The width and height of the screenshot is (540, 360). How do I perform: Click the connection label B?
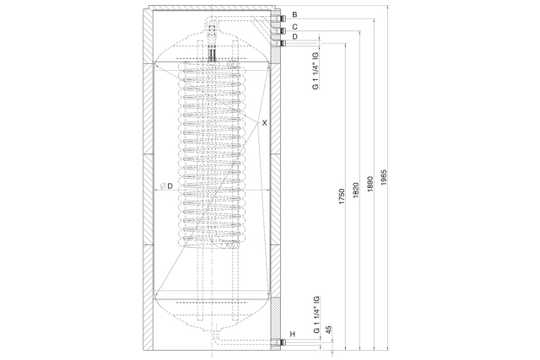(294, 14)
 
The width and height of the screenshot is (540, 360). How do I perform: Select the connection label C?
(294, 26)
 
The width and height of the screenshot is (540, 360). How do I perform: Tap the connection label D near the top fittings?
(294, 36)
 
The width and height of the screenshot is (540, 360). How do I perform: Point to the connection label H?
(293, 334)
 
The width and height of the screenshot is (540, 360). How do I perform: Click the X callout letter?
(264, 122)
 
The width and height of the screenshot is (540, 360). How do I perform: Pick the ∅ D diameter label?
(166, 186)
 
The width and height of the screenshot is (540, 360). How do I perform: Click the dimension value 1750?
(342, 196)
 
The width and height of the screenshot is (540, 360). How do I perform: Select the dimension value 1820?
(356, 190)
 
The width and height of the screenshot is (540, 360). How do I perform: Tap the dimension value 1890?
(370, 184)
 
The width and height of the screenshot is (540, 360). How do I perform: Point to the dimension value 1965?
(385, 177)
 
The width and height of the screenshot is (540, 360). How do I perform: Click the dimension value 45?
(329, 330)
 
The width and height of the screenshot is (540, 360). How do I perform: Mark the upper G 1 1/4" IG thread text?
(316, 71)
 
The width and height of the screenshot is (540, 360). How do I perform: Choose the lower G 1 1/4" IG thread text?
(316, 314)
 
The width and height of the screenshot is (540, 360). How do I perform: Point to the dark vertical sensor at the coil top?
(212, 54)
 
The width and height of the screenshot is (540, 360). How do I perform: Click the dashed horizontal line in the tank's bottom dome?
(212, 303)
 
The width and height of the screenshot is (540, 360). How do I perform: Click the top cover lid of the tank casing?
(212, 8)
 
